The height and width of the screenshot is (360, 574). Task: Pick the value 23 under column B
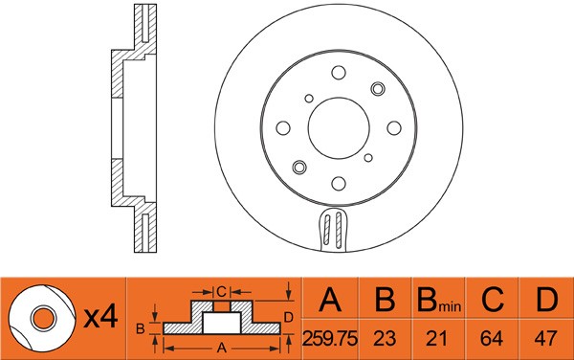(x=385, y=338)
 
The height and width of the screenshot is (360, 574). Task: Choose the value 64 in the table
(x=492, y=338)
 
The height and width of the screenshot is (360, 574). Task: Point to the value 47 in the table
(x=545, y=338)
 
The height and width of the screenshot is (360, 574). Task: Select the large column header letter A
(x=331, y=303)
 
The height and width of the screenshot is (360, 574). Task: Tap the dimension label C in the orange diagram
(x=219, y=290)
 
